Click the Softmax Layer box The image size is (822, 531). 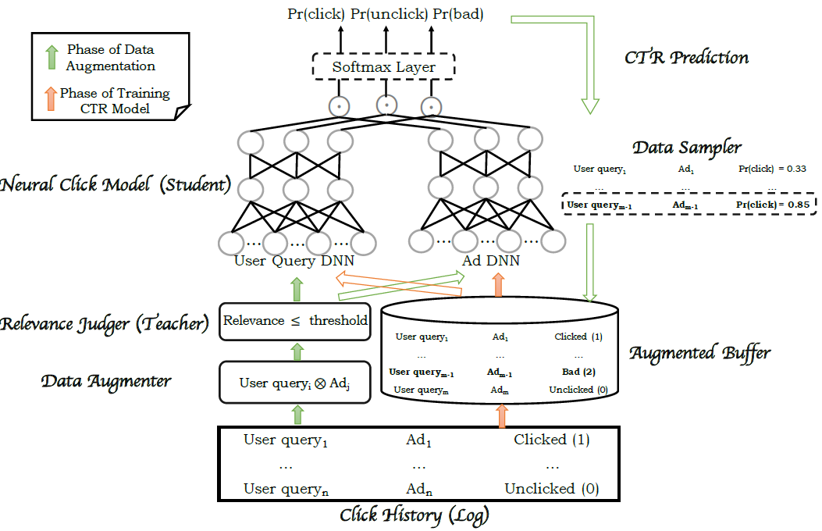(x=383, y=67)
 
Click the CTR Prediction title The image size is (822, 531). (x=687, y=58)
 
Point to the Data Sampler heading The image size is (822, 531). (x=686, y=147)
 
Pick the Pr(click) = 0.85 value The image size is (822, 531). (x=771, y=205)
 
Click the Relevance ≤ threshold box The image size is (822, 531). (x=295, y=321)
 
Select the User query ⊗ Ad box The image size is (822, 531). (x=294, y=383)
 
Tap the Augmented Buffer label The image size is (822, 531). (x=699, y=353)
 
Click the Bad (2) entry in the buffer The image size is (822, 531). (x=578, y=372)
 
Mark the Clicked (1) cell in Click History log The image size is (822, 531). (x=551, y=440)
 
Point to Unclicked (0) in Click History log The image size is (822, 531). (x=551, y=490)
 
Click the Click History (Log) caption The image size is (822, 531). (x=415, y=515)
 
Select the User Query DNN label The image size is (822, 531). (x=294, y=262)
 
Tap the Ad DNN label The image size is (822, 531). (x=492, y=262)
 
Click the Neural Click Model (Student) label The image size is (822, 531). (x=116, y=186)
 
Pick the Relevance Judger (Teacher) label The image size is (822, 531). (x=104, y=323)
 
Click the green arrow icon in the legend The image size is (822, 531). (x=52, y=57)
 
